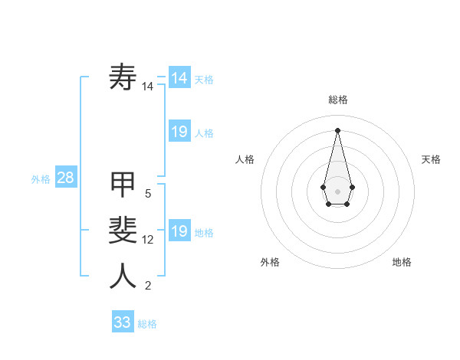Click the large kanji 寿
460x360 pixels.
(x=123, y=77)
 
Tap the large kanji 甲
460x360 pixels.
(x=123, y=185)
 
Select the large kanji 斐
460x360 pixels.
(x=123, y=231)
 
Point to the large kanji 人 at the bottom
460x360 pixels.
(x=123, y=277)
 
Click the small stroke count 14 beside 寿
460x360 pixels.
(x=147, y=87)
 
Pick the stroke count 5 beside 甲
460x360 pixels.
(x=147, y=194)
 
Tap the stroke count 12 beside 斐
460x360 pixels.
(x=147, y=240)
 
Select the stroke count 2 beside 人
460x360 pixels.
(x=147, y=286)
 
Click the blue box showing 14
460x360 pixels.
(x=179, y=78)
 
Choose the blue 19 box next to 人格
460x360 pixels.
(x=179, y=132)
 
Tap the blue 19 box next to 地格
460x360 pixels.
(x=179, y=231)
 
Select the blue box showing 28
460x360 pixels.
(x=66, y=178)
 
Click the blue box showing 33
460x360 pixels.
(x=123, y=322)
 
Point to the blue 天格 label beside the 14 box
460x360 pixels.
(x=204, y=80)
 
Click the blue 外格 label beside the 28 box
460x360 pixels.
(x=41, y=179)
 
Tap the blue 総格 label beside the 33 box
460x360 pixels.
(x=147, y=324)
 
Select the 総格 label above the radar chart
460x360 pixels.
(x=338, y=100)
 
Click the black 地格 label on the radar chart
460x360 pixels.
(x=402, y=262)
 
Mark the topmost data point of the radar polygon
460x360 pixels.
(x=337, y=129)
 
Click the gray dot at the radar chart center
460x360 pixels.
(x=337, y=190)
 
